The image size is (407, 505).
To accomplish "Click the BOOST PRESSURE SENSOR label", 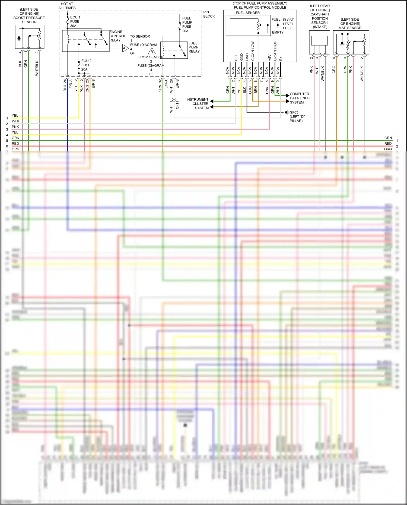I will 29,18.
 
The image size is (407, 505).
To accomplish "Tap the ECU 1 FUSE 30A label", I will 75,21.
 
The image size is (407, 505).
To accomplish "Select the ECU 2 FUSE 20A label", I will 86,65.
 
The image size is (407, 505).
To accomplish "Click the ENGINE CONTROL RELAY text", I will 117,36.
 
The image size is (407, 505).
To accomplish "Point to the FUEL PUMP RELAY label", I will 194,47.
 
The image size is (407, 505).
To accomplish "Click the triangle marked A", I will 125,48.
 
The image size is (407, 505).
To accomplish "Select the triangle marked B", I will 152,52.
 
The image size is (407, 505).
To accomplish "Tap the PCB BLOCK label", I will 209,14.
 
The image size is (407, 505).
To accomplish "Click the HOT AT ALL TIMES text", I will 67,6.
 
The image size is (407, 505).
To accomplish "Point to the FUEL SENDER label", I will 247,13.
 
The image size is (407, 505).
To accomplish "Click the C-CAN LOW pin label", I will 253,51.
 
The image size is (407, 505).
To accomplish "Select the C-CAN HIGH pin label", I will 275,51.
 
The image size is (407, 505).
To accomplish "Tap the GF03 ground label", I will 294,112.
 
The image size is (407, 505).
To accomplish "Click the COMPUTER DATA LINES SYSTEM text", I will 299,98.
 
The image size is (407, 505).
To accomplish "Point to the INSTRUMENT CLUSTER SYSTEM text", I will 197,104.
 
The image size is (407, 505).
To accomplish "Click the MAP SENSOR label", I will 350,28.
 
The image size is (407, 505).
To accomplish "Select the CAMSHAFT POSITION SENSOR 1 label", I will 320,18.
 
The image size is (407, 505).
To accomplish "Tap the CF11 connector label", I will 177,105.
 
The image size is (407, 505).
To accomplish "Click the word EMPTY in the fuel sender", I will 278,32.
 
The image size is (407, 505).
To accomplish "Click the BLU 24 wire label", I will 65,85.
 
